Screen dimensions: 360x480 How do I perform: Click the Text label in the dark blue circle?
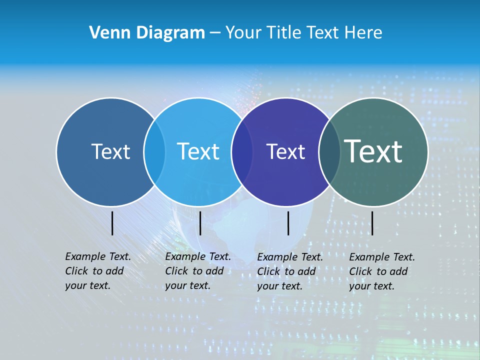[x=110, y=151]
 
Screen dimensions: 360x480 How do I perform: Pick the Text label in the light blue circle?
[x=198, y=151]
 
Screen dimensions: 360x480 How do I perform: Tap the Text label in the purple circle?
[x=285, y=151]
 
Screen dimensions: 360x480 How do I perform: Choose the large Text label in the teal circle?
[x=373, y=151]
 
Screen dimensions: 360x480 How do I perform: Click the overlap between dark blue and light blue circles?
[x=154, y=151]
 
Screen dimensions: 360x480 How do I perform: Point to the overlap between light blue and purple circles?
[x=242, y=151]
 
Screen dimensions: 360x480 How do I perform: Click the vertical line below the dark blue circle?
[x=112, y=223]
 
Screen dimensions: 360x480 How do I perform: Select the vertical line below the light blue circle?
[x=200, y=223]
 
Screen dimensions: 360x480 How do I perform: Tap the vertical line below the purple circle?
[x=288, y=223]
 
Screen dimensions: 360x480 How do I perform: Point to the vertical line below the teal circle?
[x=372, y=223]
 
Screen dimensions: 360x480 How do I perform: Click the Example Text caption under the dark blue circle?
[x=98, y=271]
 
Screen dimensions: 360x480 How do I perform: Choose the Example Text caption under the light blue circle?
[x=198, y=271]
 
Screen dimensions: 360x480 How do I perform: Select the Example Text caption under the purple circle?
[x=290, y=271]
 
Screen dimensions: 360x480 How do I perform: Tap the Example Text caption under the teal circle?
[x=382, y=271]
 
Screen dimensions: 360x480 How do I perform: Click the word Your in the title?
[x=243, y=33]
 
